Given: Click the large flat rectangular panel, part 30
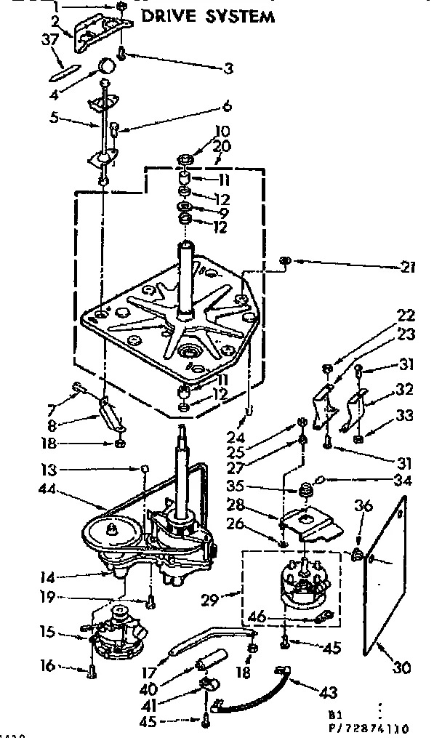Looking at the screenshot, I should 385,574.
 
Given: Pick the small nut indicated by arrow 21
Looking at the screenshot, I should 286,260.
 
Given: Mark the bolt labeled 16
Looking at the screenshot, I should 91,673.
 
